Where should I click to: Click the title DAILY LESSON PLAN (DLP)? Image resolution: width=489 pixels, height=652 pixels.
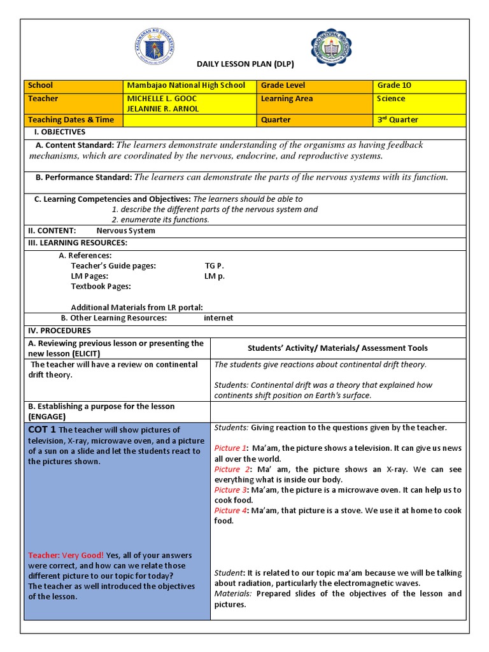244,64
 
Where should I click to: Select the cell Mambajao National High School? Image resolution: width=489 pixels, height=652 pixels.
186,85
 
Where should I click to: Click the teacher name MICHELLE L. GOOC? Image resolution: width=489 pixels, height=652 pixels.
162,99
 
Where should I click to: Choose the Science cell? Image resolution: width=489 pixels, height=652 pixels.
391,99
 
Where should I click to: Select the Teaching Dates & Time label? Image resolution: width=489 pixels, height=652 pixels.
71,120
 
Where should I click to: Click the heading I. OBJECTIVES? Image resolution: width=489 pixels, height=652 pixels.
59,132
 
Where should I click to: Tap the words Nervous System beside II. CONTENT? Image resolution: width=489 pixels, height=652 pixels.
125,230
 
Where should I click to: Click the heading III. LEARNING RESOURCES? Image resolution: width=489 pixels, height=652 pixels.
77,243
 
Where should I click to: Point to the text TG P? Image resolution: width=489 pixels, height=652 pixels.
214,266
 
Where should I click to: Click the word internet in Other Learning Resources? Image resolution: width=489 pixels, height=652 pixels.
218,318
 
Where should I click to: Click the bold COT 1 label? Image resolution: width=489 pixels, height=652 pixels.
42,430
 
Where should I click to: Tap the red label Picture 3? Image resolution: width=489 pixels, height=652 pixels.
230,490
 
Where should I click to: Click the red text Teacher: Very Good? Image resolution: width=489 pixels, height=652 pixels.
66,555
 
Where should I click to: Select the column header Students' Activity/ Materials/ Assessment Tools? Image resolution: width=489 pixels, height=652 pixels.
337,348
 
